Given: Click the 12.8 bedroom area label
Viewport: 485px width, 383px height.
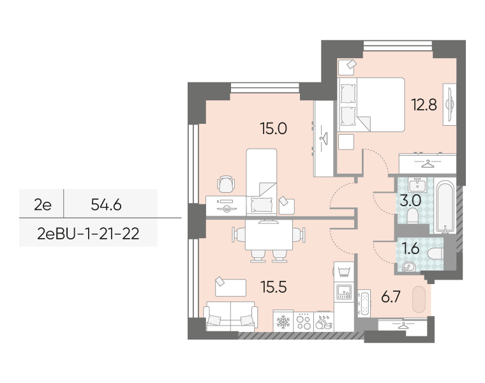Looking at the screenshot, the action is pos(424,105).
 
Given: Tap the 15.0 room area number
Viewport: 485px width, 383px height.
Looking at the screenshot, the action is pos(273,128).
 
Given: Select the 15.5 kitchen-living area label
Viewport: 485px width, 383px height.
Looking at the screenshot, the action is pos(273,287).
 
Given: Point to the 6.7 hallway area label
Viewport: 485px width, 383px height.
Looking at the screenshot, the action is pos(391,297).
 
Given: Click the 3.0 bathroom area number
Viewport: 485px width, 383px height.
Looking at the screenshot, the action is pos(410,200).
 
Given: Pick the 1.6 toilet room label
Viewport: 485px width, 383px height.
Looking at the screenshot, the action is pos(411,248).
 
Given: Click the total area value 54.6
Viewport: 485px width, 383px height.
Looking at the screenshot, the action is pos(106,204).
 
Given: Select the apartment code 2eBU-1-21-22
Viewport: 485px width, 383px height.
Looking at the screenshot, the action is pos(88,234).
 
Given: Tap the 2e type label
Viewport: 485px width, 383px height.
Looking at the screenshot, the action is pos(43,204).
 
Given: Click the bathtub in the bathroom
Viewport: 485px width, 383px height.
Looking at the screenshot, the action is pos(445,206).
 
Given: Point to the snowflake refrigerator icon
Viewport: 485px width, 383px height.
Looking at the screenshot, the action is pos(283,322).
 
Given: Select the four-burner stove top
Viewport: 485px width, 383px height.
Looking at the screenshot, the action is pos(303,322).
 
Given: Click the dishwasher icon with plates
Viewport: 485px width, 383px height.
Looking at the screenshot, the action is pos(324,322).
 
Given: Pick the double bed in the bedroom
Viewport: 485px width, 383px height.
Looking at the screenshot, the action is pos(371,105).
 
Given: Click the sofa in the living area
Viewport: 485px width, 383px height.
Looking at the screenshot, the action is pos(230,316).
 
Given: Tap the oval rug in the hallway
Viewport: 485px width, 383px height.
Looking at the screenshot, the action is pos(419,299).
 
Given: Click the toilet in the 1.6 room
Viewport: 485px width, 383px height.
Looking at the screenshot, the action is pos(436,253).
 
